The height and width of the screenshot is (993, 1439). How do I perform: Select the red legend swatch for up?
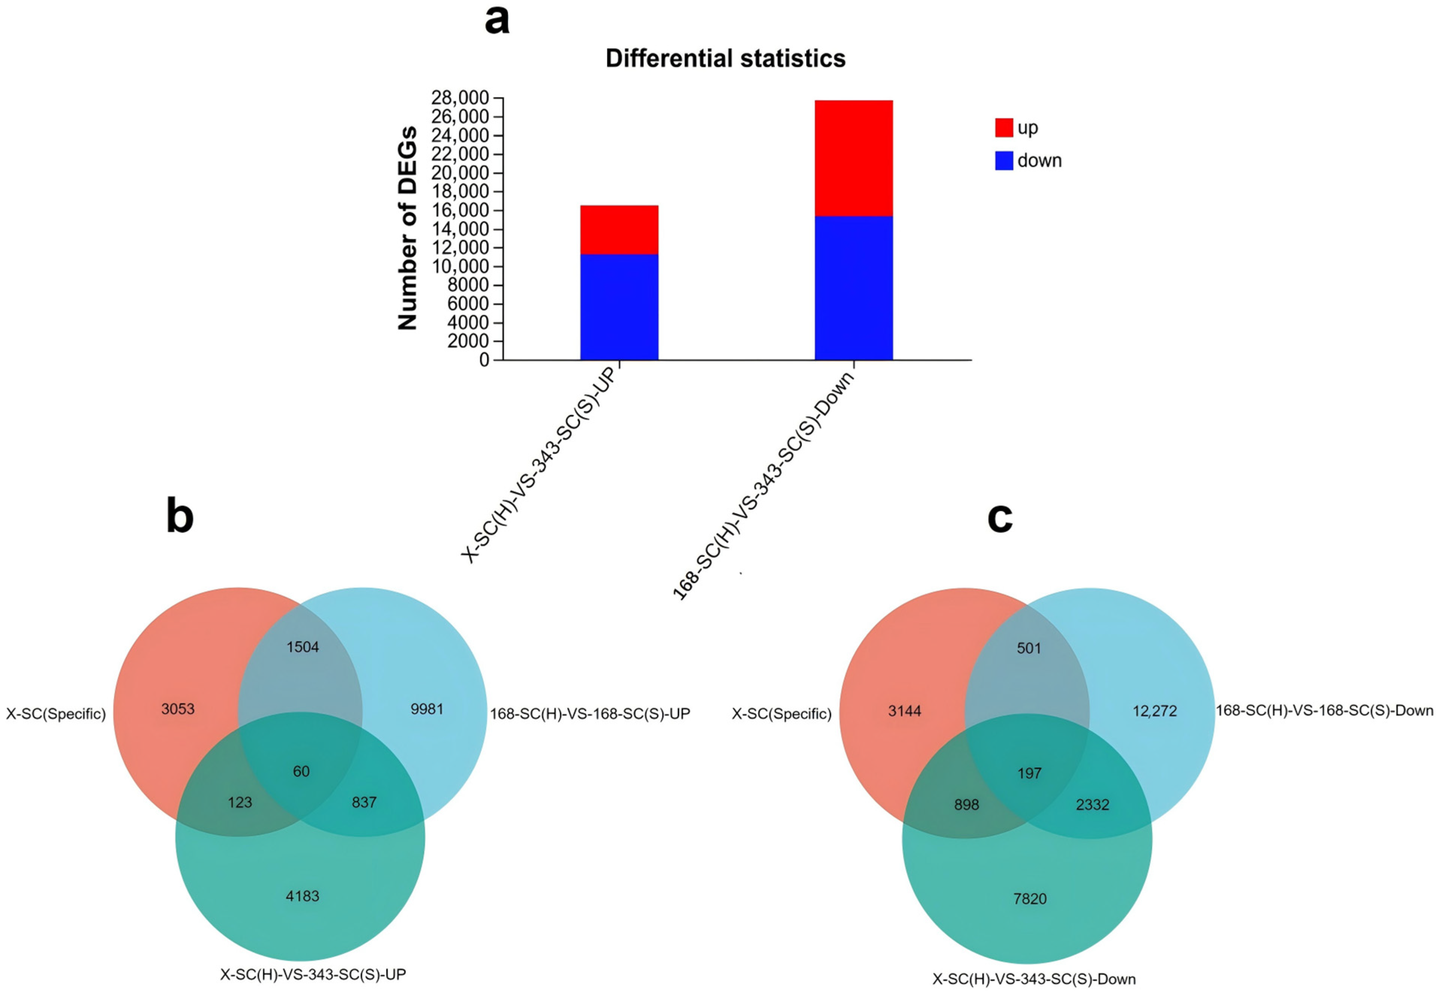[1004, 128]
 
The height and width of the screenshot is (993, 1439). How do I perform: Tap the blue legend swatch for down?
[1004, 160]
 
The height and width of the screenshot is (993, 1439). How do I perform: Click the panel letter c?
[999, 518]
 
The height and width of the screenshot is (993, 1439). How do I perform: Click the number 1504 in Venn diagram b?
[302, 647]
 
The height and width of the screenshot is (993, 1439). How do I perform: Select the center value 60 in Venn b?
[301, 771]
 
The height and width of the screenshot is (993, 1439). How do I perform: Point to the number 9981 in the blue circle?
[427, 709]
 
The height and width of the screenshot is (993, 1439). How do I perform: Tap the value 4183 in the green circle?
[302, 896]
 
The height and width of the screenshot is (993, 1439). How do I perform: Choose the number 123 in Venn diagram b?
[240, 803]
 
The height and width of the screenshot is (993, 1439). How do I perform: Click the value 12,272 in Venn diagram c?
[1155, 711]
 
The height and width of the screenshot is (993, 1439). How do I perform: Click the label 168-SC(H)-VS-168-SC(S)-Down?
[1324, 711]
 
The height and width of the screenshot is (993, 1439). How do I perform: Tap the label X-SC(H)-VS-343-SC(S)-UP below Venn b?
[313, 974]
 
